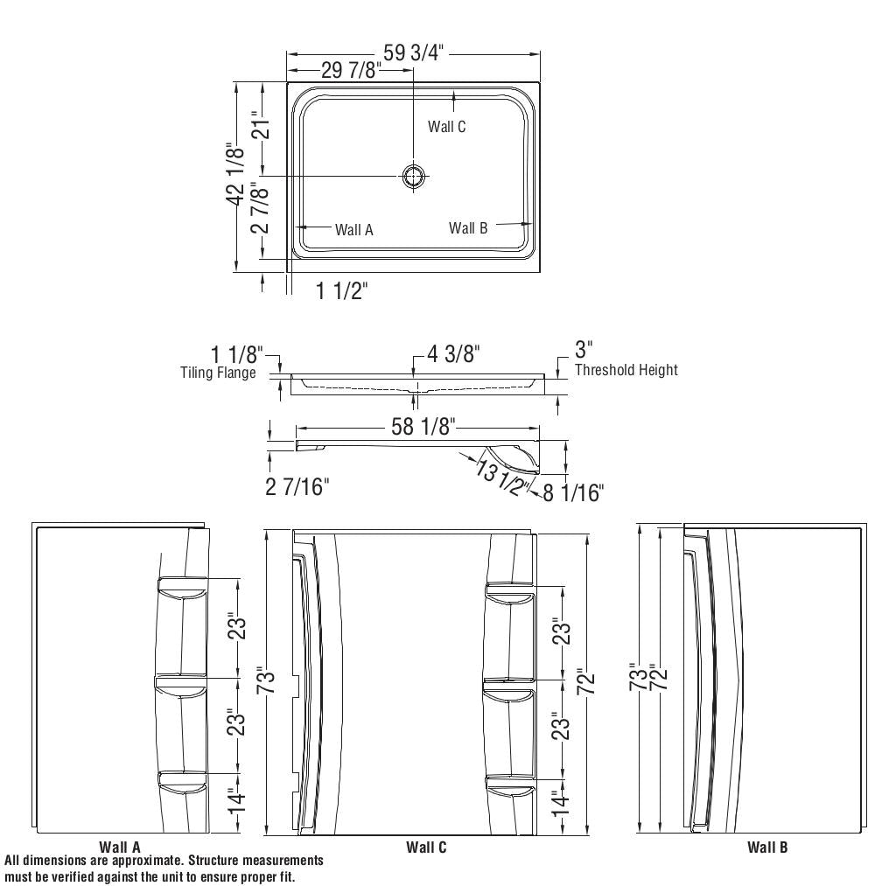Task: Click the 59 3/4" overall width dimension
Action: [414, 52]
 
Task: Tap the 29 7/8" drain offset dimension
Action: [350, 71]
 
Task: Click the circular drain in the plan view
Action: [414, 176]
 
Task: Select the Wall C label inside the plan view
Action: [446, 127]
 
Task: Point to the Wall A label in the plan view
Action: [353, 230]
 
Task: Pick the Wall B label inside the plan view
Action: [468, 228]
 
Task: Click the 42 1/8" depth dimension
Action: [234, 174]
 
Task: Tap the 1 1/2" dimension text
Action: [341, 291]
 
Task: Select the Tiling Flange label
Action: [218, 373]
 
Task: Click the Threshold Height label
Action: [626, 370]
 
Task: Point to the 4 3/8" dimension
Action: [453, 354]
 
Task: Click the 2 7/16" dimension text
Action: [297, 486]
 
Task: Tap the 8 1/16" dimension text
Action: [573, 493]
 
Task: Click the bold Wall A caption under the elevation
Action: [120, 847]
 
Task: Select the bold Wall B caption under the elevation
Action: [767, 847]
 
